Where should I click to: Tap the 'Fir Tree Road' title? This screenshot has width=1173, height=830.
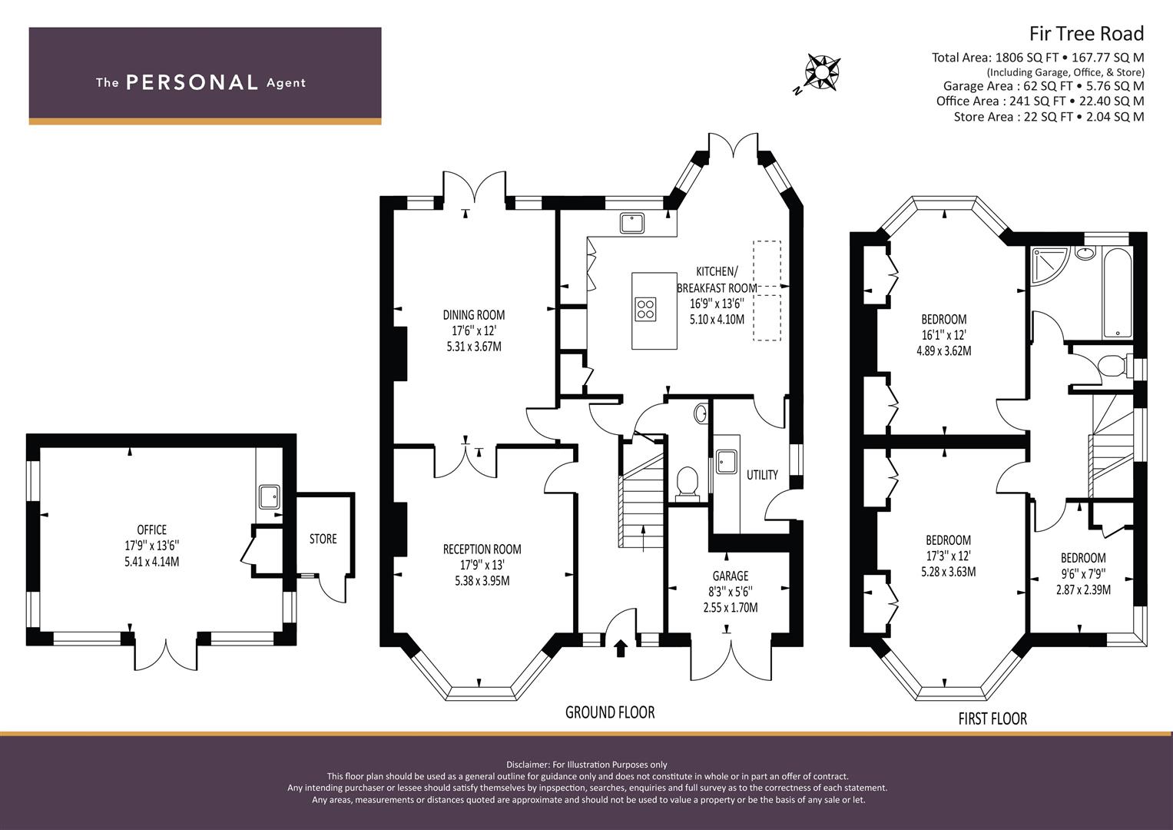click(x=1087, y=34)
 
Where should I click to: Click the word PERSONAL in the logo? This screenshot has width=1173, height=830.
click(x=192, y=82)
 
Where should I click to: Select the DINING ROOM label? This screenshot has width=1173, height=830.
click(x=474, y=315)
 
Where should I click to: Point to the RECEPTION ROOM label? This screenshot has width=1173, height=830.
click(x=482, y=549)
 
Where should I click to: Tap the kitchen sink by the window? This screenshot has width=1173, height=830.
click(x=632, y=223)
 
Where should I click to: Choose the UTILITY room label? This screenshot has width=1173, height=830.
click(x=763, y=475)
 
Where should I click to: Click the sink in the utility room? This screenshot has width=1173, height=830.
click(x=726, y=461)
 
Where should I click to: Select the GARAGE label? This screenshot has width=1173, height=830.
click(x=731, y=576)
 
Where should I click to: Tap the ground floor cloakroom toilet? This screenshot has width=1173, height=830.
click(x=687, y=481)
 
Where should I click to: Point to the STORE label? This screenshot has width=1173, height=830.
click(x=323, y=539)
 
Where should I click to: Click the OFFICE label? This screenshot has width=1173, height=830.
click(x=152, y=530)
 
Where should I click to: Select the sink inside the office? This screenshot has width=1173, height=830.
click(x=270, y=496)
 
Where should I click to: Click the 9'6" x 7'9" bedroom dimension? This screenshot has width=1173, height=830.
click(x=1083, y=573)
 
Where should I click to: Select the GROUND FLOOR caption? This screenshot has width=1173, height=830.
click(x=610, y=712)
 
